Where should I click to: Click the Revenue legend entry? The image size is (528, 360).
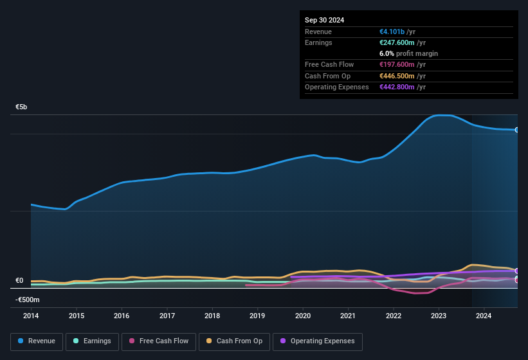click(x=37, y=341)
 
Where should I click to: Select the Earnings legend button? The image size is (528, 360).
click(x=91, y=341)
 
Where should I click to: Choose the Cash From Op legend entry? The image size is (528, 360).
click(x=233, y=341)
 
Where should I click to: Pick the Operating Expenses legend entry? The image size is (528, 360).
click(x=317, y=341)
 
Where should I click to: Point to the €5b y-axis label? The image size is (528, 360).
click(x=21, y=107)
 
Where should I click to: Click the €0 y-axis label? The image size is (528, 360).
click(x=19, y=280)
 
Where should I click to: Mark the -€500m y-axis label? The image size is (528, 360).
click(x=27, y=300)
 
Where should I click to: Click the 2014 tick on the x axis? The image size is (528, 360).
click(x=31, y=316)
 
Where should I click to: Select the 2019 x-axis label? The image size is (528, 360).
click(x=257, y=316)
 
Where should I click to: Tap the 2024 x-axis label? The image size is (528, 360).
click(x=484, y=316)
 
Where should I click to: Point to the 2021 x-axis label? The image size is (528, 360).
click(x=348, y=316)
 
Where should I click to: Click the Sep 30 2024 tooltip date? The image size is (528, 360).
click(x=325, y=20)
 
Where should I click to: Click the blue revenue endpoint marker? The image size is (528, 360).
click(x=517, y=130)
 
